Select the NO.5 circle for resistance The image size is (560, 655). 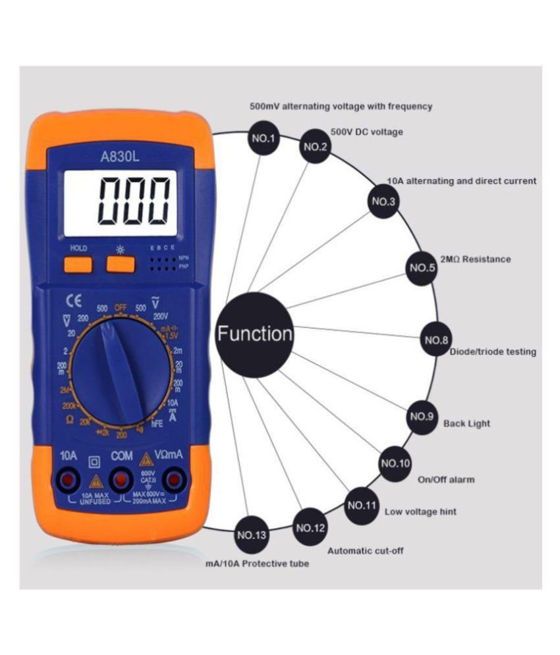pyautogui.click(x=422, y=267)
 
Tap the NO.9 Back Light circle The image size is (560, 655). pyautogui.click(x=422, y=417)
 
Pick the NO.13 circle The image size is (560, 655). pyautogui.click(x=251, y=535)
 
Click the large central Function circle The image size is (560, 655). pyautogui.click(x=255, y=334)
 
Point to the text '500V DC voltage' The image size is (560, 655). pyautogui.click(x=366, y=132)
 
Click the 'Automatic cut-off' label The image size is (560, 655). pyautogui.click(x=365, y=550)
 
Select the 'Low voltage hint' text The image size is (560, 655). pyautogui.click(x=420, y=511)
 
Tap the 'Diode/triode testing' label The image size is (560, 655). pyautogui.click(x=493, y=352)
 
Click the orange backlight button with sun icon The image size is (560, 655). pyautogui.click(x=120, y=264)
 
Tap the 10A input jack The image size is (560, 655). pyautogui.click(x=68, y=481)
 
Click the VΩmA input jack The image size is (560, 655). pyautogui.click(x=173, y=481)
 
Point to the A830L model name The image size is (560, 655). pyautogui.click(x=120, y=157)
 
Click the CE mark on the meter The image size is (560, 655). pyautogui.click(x=73, y=303)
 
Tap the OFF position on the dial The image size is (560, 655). pyautogui.click(x=121, y=307)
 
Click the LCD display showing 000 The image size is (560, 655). pyautogui.click(x=121, y=202)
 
